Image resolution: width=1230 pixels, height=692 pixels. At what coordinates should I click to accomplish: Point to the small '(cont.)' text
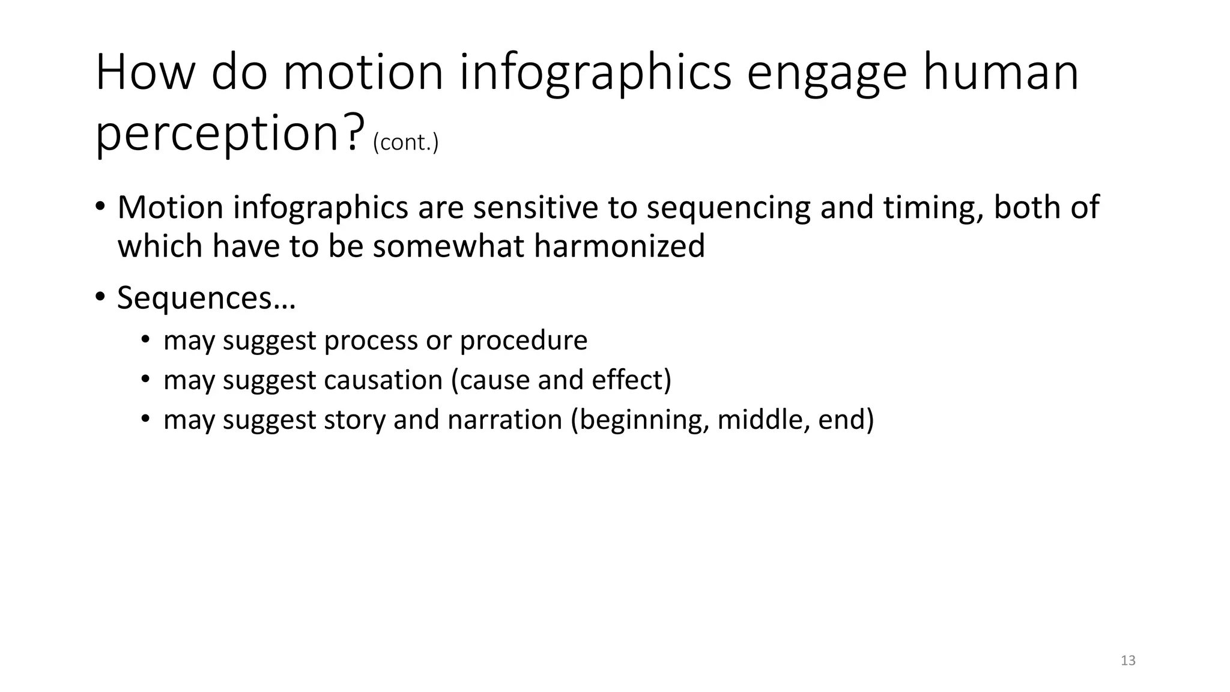[x=405, y=143]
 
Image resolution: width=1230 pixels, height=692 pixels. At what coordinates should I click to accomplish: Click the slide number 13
[x=1128, y=661]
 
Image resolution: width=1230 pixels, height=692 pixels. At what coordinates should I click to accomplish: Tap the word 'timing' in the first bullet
[x=933, y=207]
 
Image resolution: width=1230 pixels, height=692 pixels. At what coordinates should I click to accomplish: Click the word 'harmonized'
[x=619, y=246]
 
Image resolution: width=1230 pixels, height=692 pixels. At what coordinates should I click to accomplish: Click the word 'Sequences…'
[x=206, y=298]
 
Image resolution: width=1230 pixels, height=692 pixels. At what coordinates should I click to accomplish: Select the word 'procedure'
[x=523, y=341]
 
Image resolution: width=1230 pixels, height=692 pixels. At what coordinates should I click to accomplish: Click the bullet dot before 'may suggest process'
[x=145, y=341]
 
